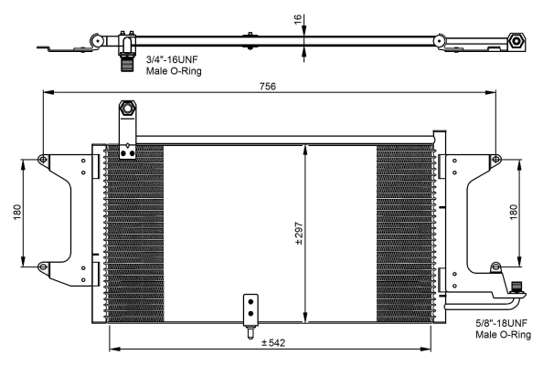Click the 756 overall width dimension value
click(x=268, y=86)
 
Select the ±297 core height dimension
click(x=299, y=234)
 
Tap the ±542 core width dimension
click(x=273, y=343)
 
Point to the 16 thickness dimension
click(x=297, y=19)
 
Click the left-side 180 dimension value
click(x=17, y=213)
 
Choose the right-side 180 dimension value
click(x=514, y=212)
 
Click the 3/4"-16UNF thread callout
click(x=172, y=59)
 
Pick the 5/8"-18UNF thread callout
click(x=502, y=323)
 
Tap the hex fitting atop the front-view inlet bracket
click(x=127, y=109)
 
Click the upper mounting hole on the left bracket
click(x=43, y=160)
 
